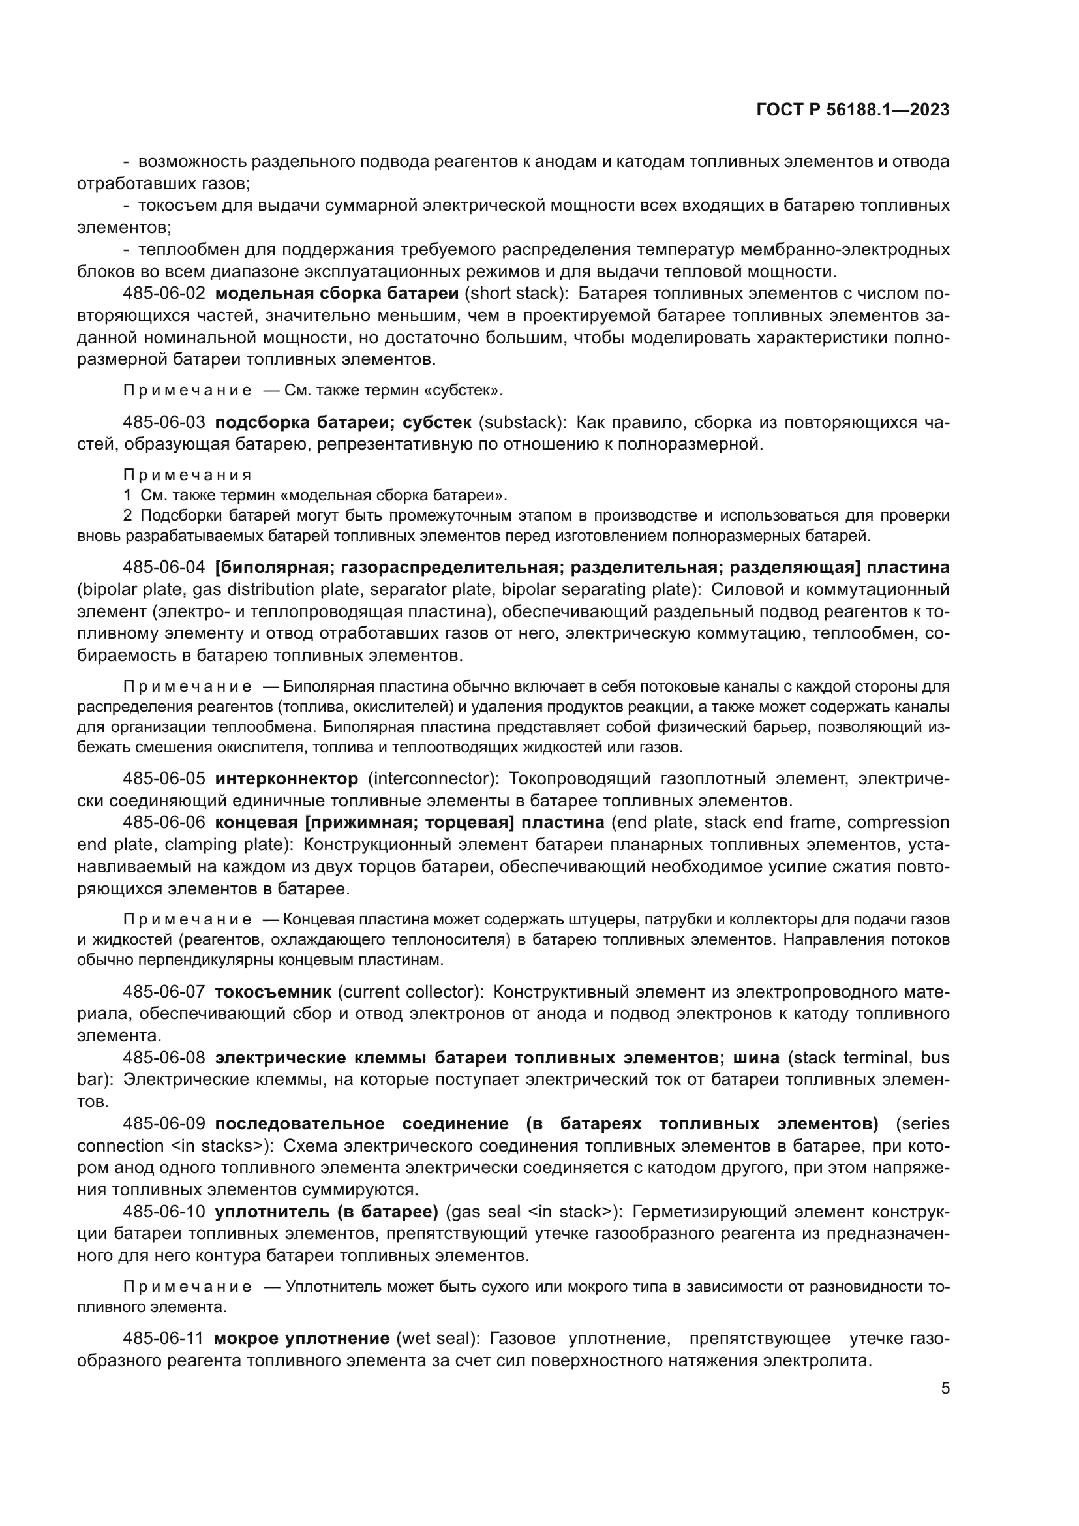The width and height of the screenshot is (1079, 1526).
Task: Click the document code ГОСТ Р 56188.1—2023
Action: [x=853, y=110]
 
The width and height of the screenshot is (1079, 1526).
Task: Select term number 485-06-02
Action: [x=164, y=293]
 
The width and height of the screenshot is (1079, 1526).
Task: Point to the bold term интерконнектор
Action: [x=286, y=778]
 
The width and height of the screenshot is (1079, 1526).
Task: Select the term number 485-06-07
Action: [x=164, y=992]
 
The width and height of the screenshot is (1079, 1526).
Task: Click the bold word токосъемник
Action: [x=273, y=992]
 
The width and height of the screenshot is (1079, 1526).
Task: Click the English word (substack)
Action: [x=523, y=422]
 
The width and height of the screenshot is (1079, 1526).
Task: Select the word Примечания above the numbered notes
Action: [x=187, y=474]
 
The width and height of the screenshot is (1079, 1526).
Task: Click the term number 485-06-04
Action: [x=164, y=567]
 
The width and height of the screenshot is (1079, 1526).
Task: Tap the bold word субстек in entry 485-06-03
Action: [x=438, y=422]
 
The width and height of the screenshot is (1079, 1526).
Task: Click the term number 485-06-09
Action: [x=164, y=1124]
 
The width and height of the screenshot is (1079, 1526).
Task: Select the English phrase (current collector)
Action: [x=410, y=992]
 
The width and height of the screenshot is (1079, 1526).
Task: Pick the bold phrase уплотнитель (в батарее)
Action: [x=327, y=1212]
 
